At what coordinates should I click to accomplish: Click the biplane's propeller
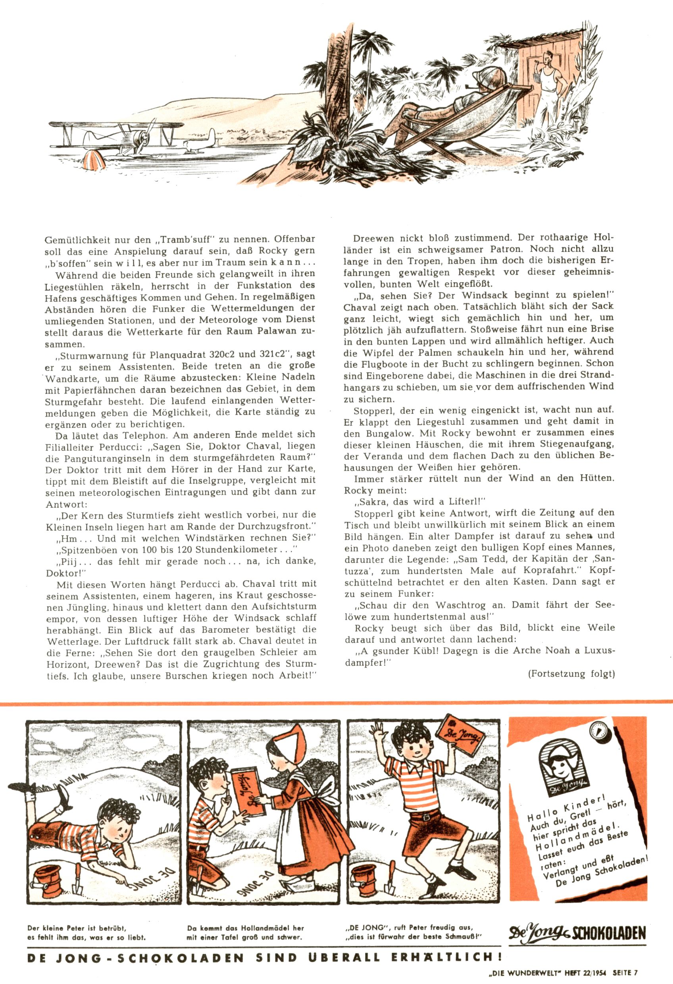[143, 135]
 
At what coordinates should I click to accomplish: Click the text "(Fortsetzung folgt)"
[571, 674]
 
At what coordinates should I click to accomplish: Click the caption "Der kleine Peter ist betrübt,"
[77, 928]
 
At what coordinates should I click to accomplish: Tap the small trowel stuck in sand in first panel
[78, 876]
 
